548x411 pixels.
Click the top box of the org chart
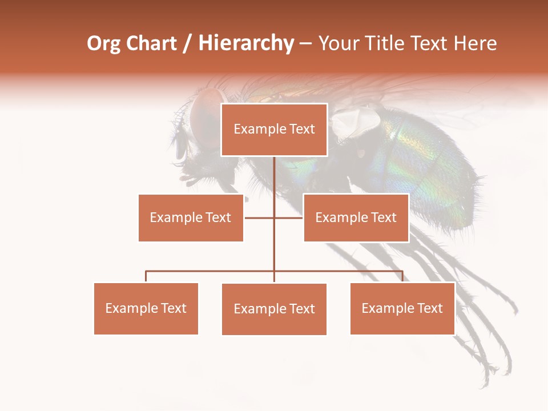[x=274, y=130]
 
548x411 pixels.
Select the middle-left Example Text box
[x=191, y=217]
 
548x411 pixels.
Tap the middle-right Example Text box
[x=356, y=217]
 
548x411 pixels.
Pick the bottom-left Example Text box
[x=146, y=308]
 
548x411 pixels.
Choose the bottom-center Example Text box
[x=274, y=309]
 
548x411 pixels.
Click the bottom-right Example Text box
[x=402, y=308]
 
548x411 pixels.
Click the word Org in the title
[x=103, y=43]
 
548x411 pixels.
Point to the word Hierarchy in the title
[x=246, y=43]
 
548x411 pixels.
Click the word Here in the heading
[x=475, y=43]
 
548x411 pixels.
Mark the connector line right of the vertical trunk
[x=289, y=217]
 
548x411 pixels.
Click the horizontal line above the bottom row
[x=211, y=271]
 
